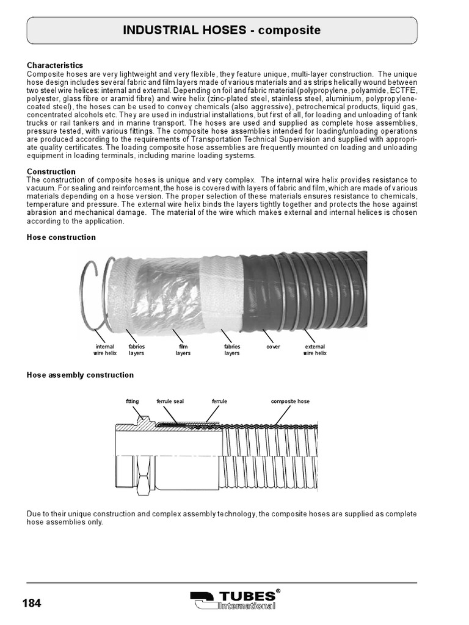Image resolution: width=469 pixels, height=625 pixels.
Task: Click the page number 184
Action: (32, 604)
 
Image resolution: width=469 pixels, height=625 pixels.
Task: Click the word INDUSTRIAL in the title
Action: (160, 31)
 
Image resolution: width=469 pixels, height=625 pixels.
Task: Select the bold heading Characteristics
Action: (55, 65)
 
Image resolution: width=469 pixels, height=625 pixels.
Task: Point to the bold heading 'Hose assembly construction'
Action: (80, 375)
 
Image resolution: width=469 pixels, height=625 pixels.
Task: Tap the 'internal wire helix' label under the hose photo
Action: (105, 350)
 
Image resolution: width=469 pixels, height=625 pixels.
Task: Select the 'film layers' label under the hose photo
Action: (183, 350)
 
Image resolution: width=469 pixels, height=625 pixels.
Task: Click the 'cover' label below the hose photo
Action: (273, 347)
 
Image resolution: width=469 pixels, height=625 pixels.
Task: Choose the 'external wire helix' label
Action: (314, 350)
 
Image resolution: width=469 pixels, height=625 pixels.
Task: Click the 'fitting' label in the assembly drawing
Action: (133, 402)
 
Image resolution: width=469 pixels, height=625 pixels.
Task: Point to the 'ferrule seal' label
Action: (170, 402)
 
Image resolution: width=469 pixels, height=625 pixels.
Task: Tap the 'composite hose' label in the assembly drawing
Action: (290, 402)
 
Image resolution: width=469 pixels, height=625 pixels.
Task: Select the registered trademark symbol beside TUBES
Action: (278, 591)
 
